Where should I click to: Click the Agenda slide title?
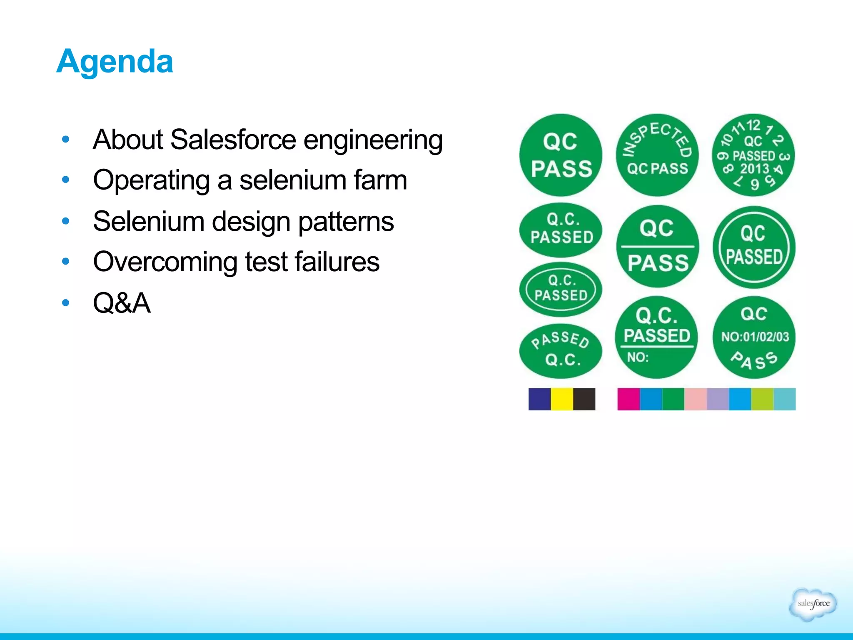click(115, 61)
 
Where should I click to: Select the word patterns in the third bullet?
click(346, 221)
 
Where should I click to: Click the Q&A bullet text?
click(122, 302)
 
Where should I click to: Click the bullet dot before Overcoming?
click(65, 262)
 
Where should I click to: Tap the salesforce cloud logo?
click(813, 604)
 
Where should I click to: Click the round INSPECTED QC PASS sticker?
click(657, 155)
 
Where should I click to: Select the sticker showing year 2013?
click(753, 155)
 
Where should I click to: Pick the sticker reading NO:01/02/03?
click(754, 337)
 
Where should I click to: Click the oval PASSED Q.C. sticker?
click(561, 351)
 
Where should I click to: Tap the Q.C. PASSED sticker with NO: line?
click(656, 337)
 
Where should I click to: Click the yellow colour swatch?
click(562, 399)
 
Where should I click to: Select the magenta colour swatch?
click(628, 399)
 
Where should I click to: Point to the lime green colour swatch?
click(762, 399)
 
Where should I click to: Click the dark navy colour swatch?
click(539, 399)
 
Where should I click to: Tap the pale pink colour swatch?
click(695, 399)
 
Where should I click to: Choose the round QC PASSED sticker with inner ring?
click(753, 247)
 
